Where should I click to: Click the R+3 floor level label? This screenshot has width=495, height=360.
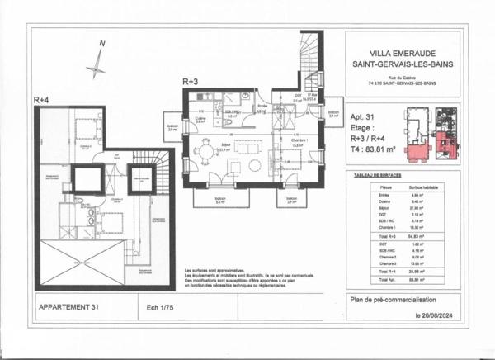(x=191, y=82)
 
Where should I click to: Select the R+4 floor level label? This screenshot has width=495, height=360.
(x=42, y=99)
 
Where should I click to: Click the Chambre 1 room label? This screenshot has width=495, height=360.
(x=298, y=140)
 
